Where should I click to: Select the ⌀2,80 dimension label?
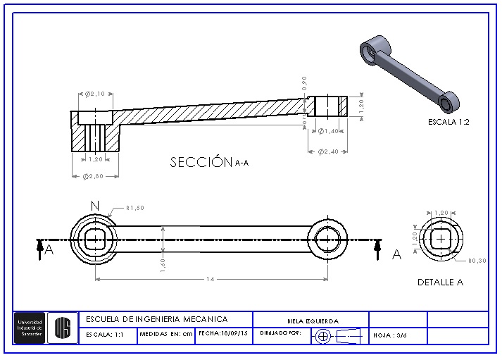pos(94,176)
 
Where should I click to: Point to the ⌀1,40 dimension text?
pos(330,131)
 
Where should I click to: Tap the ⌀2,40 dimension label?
pos(329,151)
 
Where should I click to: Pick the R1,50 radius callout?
pos(135,208)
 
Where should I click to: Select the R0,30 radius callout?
pos(477,260)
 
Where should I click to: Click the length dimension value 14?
pos(210,280)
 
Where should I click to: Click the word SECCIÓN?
pos(201,163)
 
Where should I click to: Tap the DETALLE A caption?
pos(440,283)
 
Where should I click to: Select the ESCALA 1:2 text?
pos(448,122)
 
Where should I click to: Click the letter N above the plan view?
pos(95,205)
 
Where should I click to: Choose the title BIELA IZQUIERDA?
pos(313,321)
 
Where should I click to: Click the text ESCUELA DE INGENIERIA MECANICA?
pos(156,319)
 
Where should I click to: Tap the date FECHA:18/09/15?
pos(224,334)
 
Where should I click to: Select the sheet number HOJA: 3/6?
pos(390,335)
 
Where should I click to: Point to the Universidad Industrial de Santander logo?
pos(30,328)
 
